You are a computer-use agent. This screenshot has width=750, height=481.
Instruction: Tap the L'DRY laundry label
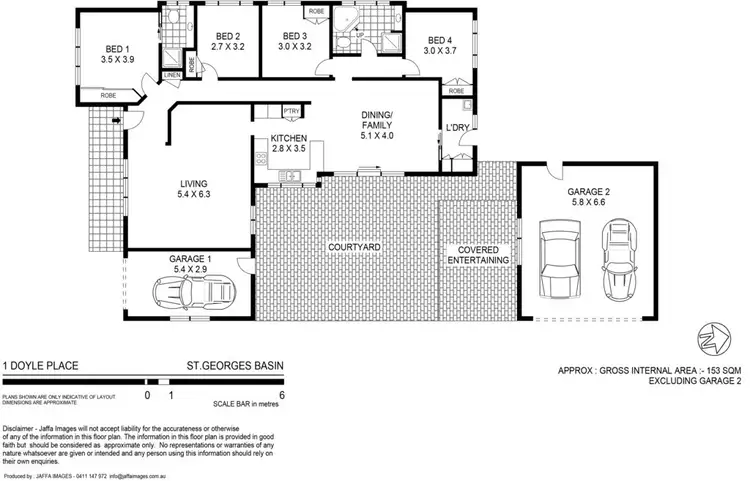(x=458, y=128)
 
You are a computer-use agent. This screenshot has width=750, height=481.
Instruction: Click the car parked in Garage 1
(x=192, y=293)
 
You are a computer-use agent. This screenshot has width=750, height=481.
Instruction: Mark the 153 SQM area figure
(x=710, y=369)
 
